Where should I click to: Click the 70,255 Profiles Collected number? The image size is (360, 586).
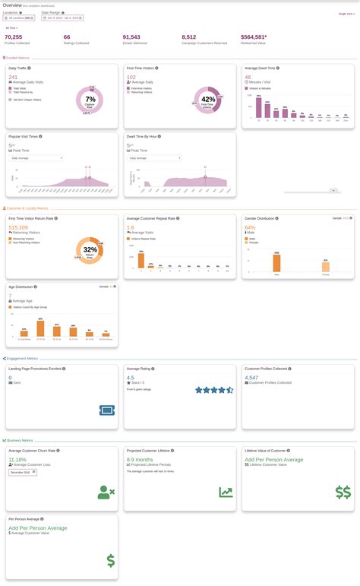[x=14, y=36]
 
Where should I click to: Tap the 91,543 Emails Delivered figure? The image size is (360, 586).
[x=131, y=36]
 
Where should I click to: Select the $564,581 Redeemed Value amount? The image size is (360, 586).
[x=253, y=36]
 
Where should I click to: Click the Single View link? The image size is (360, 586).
[x=346, y=14]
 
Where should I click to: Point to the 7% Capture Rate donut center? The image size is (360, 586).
[x=90, y=100]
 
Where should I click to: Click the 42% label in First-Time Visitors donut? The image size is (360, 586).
[x=207, y=100]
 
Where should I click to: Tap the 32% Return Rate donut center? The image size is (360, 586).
[x=90, y=250]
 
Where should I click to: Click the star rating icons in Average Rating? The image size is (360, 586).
[x=214, y=390]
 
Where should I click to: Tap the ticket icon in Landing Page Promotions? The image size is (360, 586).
[x=107, y=410]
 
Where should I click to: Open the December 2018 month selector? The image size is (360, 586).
[x=20, y=471]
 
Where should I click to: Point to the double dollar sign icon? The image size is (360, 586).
[x=343, y=492]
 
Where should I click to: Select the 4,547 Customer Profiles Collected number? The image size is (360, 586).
[x=252, y=377]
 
